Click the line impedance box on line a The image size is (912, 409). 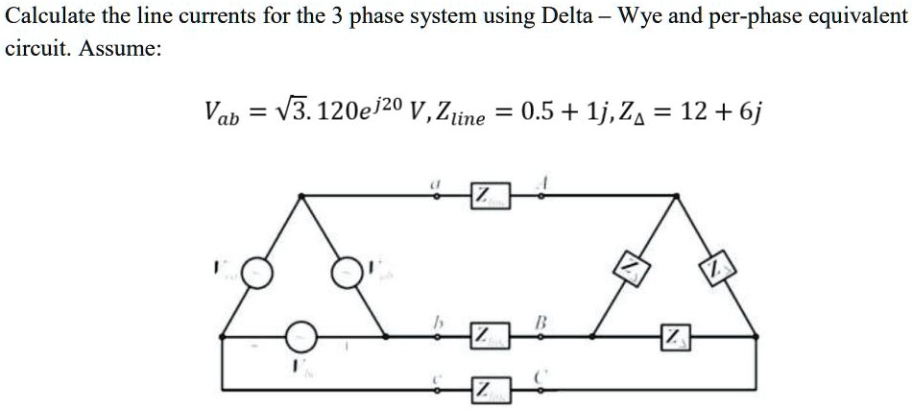point(487,197)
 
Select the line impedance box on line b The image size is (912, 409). point(487,336)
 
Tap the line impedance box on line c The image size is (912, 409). point(487,389)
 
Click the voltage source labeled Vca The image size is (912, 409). point(259,274)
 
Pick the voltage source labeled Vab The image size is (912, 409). point(348,274)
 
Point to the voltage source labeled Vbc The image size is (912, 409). point(301,336)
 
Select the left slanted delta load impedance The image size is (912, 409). point(629,266)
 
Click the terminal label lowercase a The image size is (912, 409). point(438,178)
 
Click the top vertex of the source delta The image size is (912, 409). point(302,196)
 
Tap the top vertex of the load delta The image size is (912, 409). point(679,196)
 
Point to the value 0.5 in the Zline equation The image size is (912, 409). point(535,113)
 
